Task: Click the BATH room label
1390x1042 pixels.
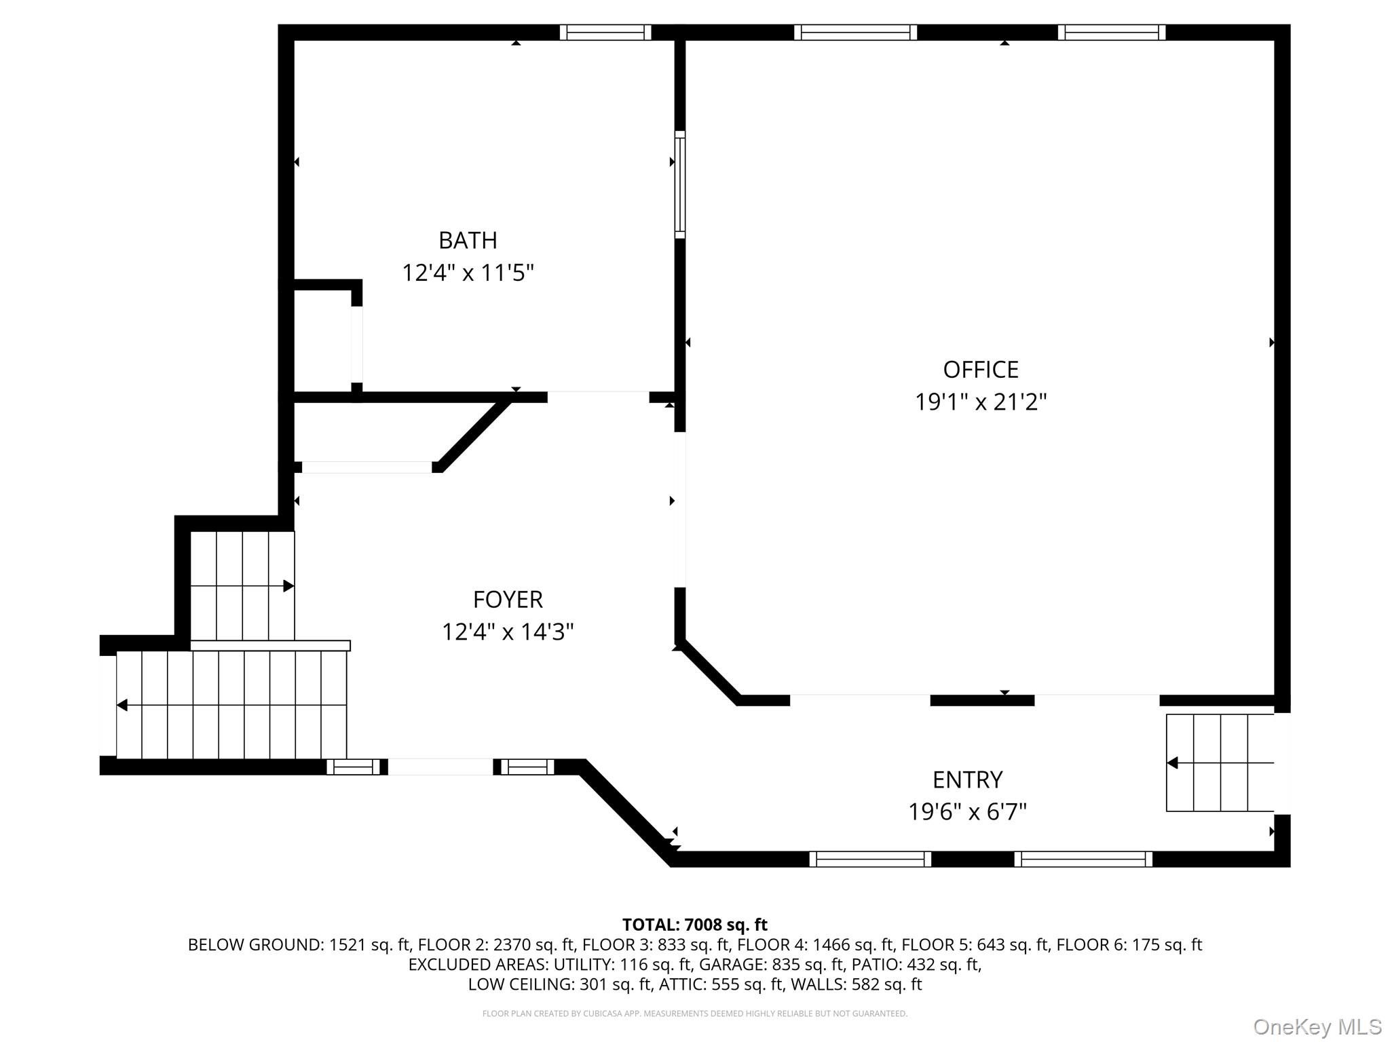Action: [468, 240]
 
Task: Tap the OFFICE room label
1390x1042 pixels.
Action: [981, 370]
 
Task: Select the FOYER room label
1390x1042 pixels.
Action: [508, 600]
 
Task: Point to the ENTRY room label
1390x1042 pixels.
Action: [967, 780]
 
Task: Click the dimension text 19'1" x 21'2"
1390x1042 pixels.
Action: [981, 402]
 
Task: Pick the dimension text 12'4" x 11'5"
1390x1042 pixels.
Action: [468, 273]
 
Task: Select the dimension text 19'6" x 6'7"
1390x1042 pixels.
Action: [967, 812]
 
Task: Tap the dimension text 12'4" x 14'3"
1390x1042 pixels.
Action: [508, 632]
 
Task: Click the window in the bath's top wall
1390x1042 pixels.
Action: [605, 33]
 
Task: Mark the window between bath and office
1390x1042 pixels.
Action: [679, 185]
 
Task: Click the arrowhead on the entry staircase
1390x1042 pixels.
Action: [1172, 763]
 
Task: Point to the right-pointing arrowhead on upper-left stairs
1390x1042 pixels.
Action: [288, 585]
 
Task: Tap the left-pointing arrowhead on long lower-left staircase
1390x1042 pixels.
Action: [122, 706]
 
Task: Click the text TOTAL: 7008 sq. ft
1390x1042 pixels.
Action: [694, 925]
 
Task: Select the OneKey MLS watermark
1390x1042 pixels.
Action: [1317, 1027]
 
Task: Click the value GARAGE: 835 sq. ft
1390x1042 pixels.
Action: [774, 964]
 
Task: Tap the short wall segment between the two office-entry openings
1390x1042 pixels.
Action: [981, 701]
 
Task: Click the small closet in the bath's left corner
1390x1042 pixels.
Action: [322, 341]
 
